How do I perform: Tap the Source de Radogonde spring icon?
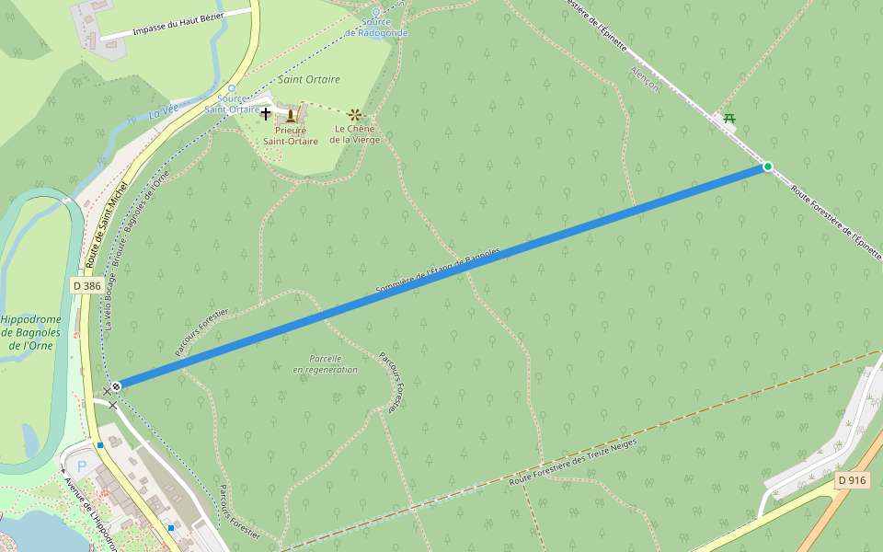tap(375, 12)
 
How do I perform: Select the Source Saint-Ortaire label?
tap(232, 104)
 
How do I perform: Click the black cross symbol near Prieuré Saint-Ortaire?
tap(266, 113)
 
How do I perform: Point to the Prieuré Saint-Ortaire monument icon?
tap(291, 115)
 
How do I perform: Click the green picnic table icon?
tap(729, 117)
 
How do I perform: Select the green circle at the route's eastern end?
tap(767, 167)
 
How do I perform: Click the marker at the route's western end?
tap(116, 386)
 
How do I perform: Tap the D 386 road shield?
tap(86, 286)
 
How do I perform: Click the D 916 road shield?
tap(853, 480)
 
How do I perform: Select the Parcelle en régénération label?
tap(326, 363)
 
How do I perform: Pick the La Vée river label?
tap(164, 114)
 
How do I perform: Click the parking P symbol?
tap(81, 466)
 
